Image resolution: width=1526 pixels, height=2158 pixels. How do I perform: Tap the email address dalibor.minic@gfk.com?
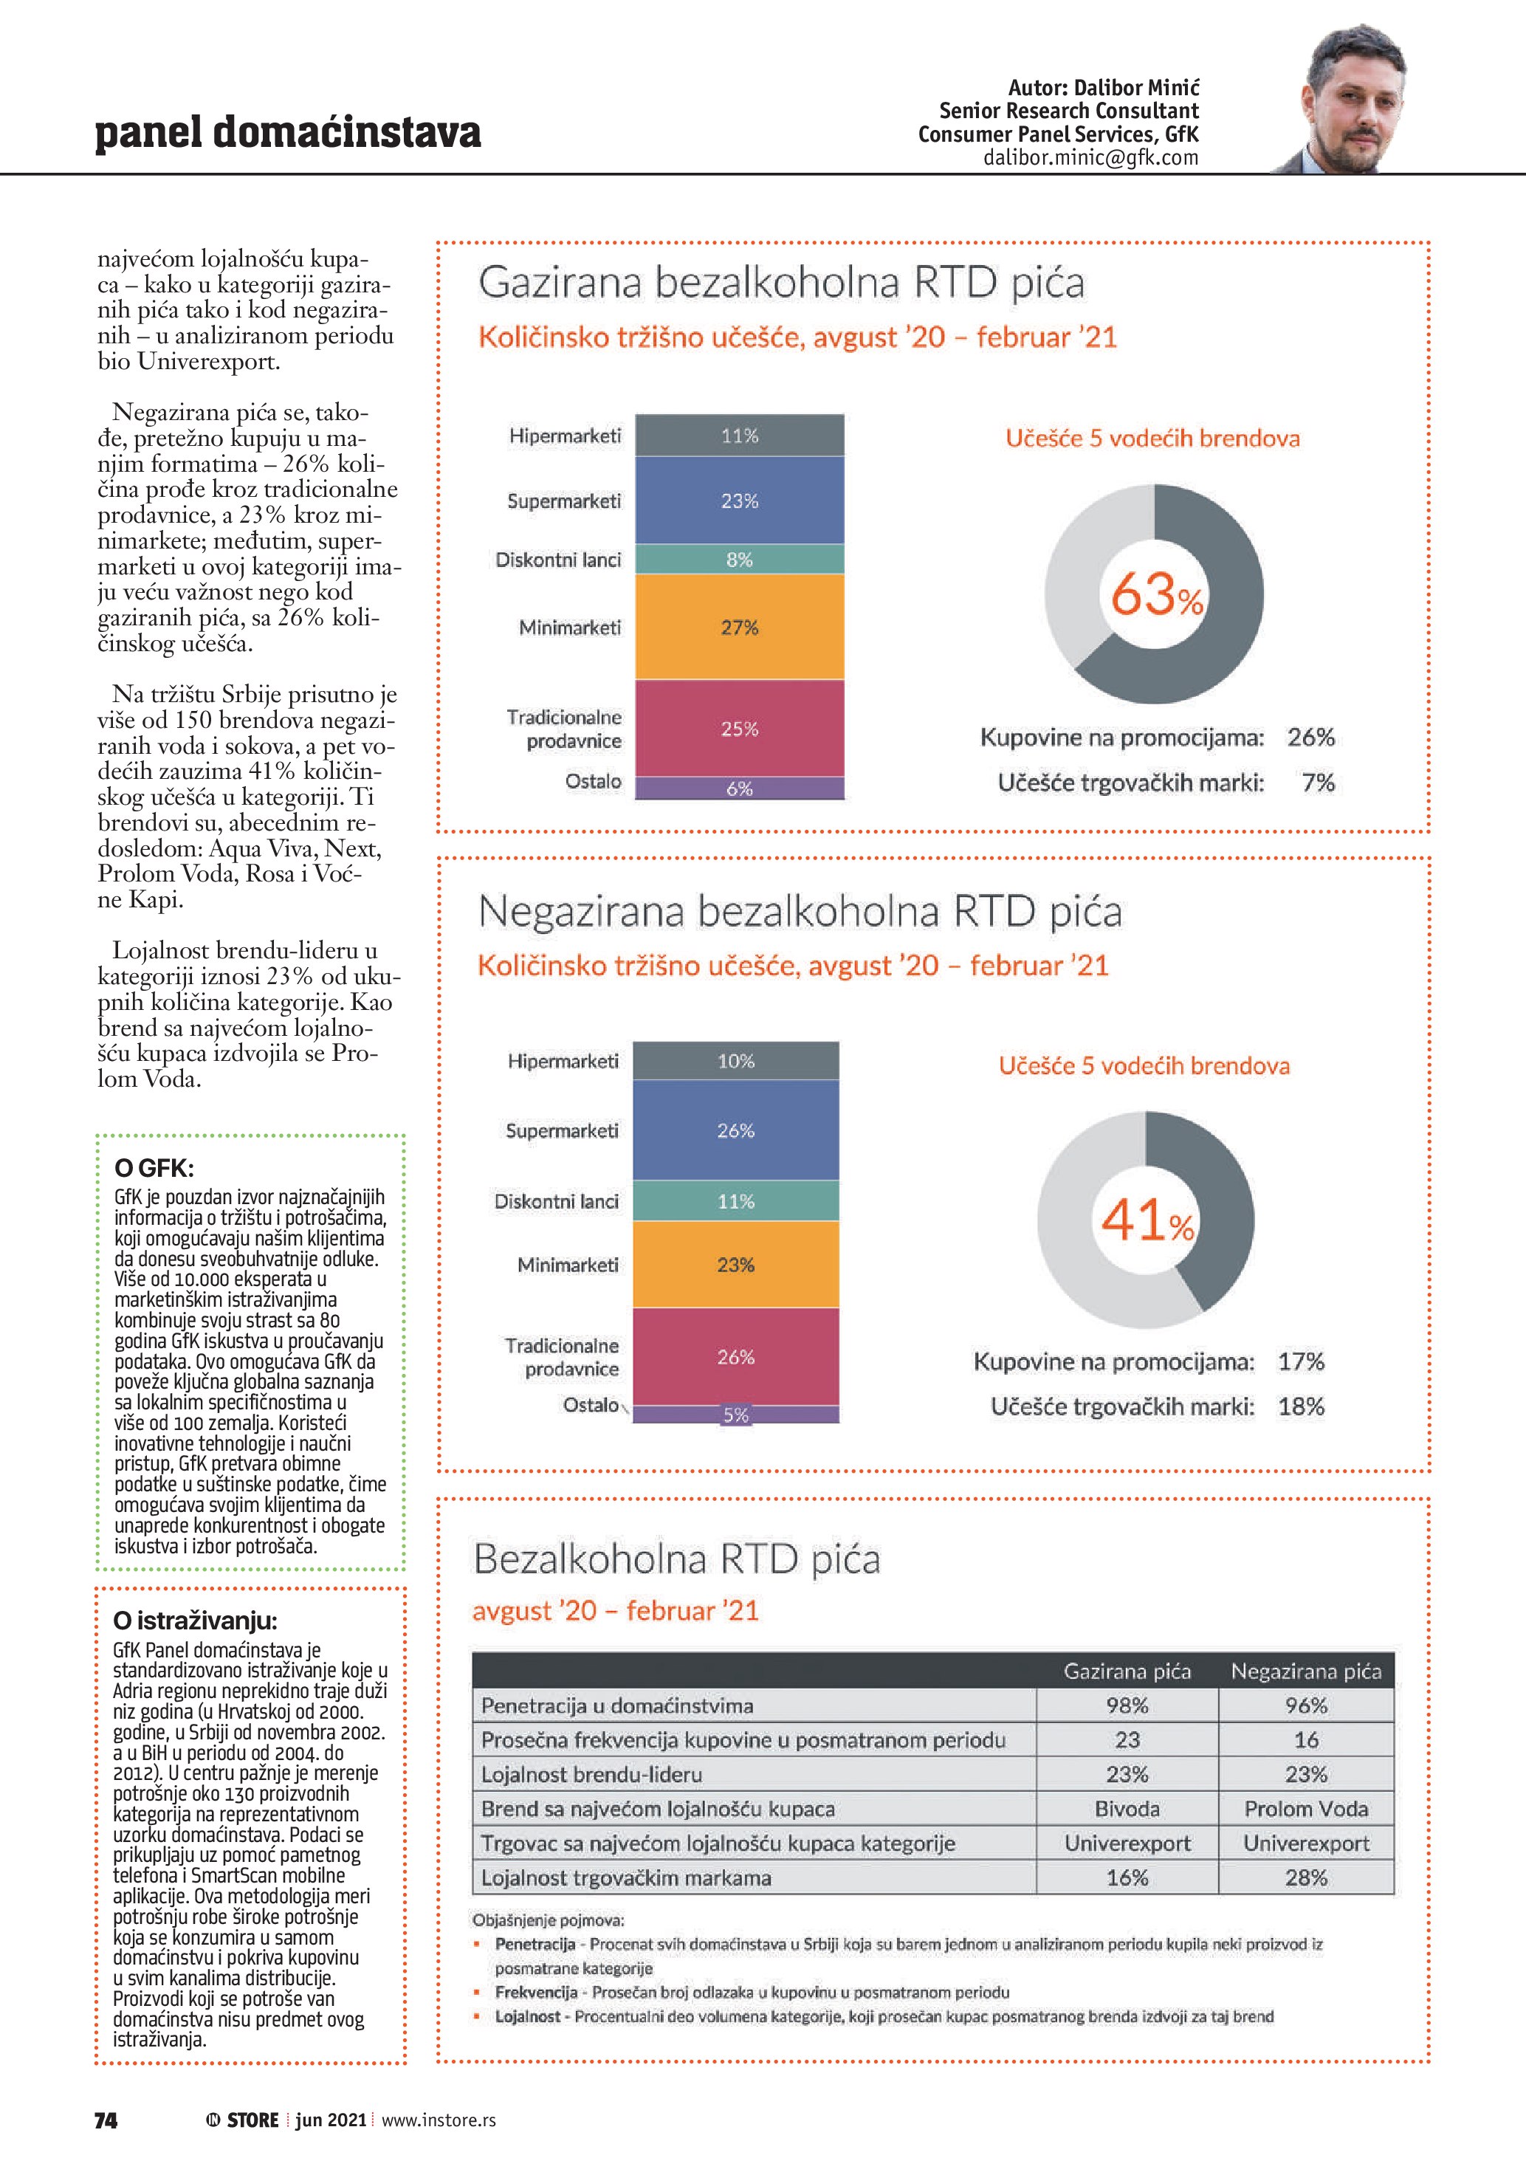pos(1090,158)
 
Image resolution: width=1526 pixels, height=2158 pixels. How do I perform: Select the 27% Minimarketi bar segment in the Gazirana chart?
pos(740,627)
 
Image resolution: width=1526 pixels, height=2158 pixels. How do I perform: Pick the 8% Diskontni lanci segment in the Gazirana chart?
pos(740,559)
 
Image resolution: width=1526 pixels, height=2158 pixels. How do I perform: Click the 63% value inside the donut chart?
pos(1156,595)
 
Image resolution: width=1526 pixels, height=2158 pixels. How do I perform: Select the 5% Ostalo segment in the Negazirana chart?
pos(736,1415)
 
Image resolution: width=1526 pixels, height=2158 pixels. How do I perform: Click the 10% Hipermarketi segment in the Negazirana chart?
pos(736,1061)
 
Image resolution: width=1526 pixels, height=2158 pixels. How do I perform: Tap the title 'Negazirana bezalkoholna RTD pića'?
pos(800,911)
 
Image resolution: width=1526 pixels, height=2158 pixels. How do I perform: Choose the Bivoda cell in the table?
pos(1127,1808)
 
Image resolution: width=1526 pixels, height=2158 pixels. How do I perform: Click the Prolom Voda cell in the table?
pos(1306,1808)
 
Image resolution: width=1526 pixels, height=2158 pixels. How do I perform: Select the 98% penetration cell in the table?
pos(1127,1705)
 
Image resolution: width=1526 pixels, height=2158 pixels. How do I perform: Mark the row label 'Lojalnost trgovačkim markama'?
pos(626,1877)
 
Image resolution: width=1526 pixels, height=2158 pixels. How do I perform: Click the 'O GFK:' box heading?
pos(154,1168)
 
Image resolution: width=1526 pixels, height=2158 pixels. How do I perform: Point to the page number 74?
pos(106,2120)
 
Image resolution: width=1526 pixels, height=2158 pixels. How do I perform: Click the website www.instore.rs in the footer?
pos(438,2120)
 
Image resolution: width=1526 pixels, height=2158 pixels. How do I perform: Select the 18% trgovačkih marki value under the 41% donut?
pos(1301,1406)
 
